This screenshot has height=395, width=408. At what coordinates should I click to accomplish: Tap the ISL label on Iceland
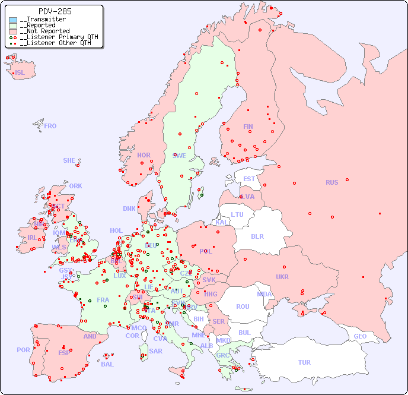(20, 73)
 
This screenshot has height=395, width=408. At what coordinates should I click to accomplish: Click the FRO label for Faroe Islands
(50, 126)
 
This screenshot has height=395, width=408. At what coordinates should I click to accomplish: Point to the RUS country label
(332, 182)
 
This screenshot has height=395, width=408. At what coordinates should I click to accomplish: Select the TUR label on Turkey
(304, 362)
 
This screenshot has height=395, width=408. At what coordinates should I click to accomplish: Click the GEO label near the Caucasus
(360, 336)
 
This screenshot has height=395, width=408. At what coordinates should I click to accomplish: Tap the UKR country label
(282, 277)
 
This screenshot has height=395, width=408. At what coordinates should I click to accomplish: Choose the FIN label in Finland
(248, 127)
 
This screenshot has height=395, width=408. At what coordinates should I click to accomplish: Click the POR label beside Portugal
(23, 350)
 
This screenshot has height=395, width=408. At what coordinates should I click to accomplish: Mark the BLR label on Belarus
(257, 236)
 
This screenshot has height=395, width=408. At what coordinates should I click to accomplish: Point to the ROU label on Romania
(243, 306)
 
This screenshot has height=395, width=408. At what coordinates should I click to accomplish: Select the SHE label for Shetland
(69, 160)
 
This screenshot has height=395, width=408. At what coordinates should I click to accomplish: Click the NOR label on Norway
(144, 155)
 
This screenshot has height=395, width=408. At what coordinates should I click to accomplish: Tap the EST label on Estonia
(249, 179)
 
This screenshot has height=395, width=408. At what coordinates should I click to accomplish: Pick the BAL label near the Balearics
(107, 364)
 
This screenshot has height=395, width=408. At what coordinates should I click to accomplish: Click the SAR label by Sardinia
(155, 351)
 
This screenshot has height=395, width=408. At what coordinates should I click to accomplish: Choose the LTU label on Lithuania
(237, 214)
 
